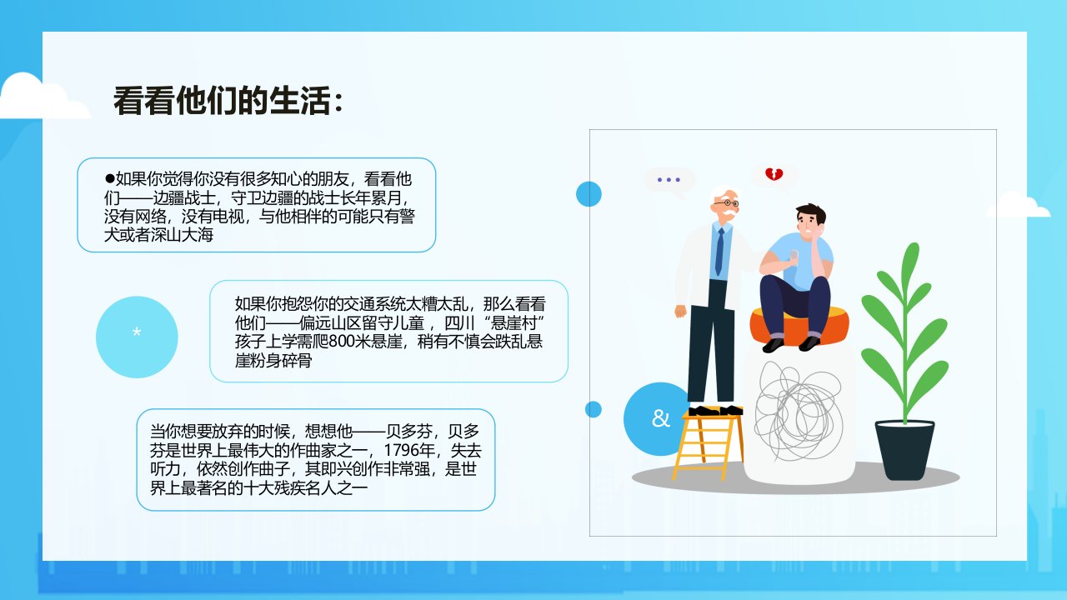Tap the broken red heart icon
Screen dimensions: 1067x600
774,174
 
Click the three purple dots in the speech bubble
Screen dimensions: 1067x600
669,179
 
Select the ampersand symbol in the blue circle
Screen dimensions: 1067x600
660,418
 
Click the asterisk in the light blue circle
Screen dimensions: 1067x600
137,332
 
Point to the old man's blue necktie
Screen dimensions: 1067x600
719,252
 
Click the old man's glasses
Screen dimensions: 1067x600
726,203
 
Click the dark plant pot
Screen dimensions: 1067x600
904,449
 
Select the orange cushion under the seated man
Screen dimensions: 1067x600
799,326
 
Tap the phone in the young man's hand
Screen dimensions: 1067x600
794,255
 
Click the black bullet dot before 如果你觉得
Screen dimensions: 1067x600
109,178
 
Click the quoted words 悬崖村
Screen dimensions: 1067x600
513,322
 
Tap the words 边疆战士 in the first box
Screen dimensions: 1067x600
185,197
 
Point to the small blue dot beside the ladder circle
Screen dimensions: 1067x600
593,409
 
